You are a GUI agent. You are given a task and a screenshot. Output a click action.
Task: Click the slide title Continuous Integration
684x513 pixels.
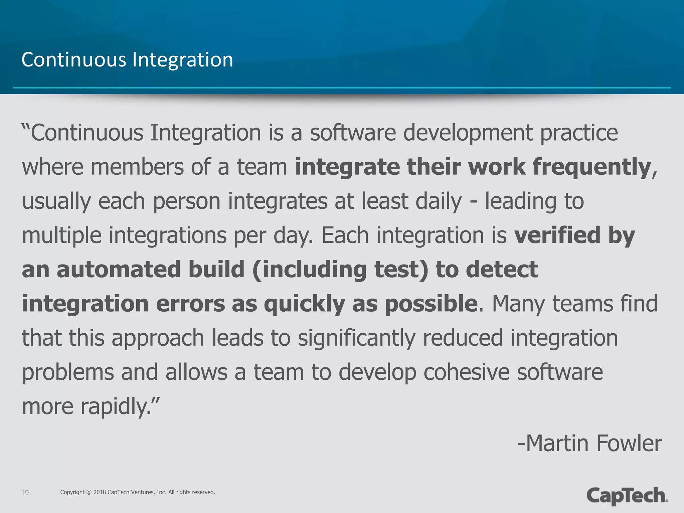(x=127, y=60)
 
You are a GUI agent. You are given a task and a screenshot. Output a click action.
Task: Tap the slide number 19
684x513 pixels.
(x=25, y=493)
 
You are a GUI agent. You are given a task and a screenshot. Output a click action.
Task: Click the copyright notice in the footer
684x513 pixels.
(x=138, y=492)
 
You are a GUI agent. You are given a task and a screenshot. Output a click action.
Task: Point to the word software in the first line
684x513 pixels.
(x=353, y=133)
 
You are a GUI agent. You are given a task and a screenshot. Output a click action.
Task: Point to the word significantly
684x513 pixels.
(x=356, y=338)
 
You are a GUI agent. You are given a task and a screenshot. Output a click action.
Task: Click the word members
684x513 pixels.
(x=137, y=167)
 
